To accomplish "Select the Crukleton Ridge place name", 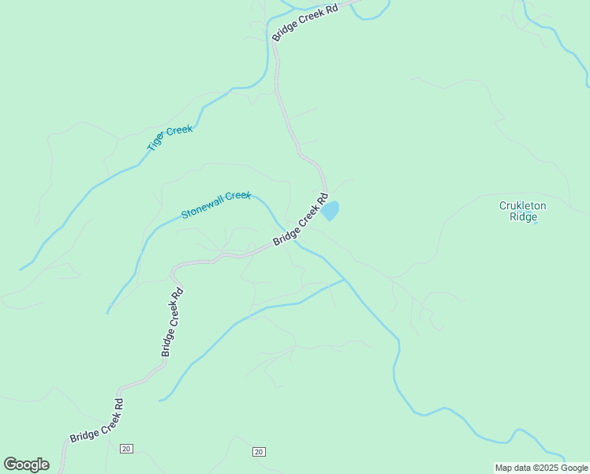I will [x=522, y=211].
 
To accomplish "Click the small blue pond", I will [x=330, y=211].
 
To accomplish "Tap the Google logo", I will [x=26, y=465].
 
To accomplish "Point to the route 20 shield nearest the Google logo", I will [x=126, y=449].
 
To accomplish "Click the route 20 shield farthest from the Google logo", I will [x=259, y=452].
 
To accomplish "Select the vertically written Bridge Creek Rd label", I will [x=173, y=322].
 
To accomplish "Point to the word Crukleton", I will [x=522, y=205].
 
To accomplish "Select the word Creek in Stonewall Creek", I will [x=238, y=197].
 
